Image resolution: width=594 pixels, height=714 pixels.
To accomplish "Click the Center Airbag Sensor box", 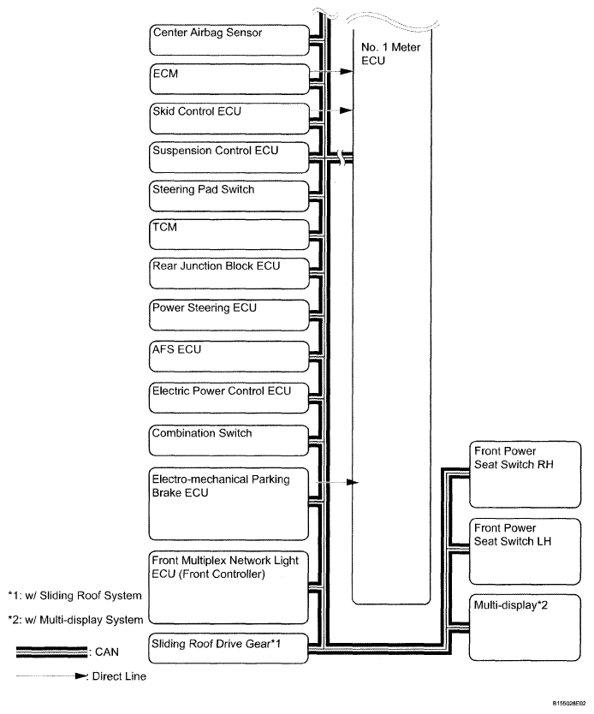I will [x=228, y=39].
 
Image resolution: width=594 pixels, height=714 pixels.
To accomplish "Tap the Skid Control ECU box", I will [x=228, y=117].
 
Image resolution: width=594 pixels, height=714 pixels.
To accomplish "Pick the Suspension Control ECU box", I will [x=228, y=156].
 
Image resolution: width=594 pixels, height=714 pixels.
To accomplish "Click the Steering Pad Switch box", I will [x=228, y=195].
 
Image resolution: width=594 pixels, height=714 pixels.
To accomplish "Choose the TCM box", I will [x=228, y=234].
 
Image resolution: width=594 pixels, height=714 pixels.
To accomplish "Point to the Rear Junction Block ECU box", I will [x=228, y=273].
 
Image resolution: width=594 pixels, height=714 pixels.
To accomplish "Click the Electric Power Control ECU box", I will [x=228, y=397].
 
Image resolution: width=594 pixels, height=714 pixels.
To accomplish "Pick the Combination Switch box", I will [x=228, y=439].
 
